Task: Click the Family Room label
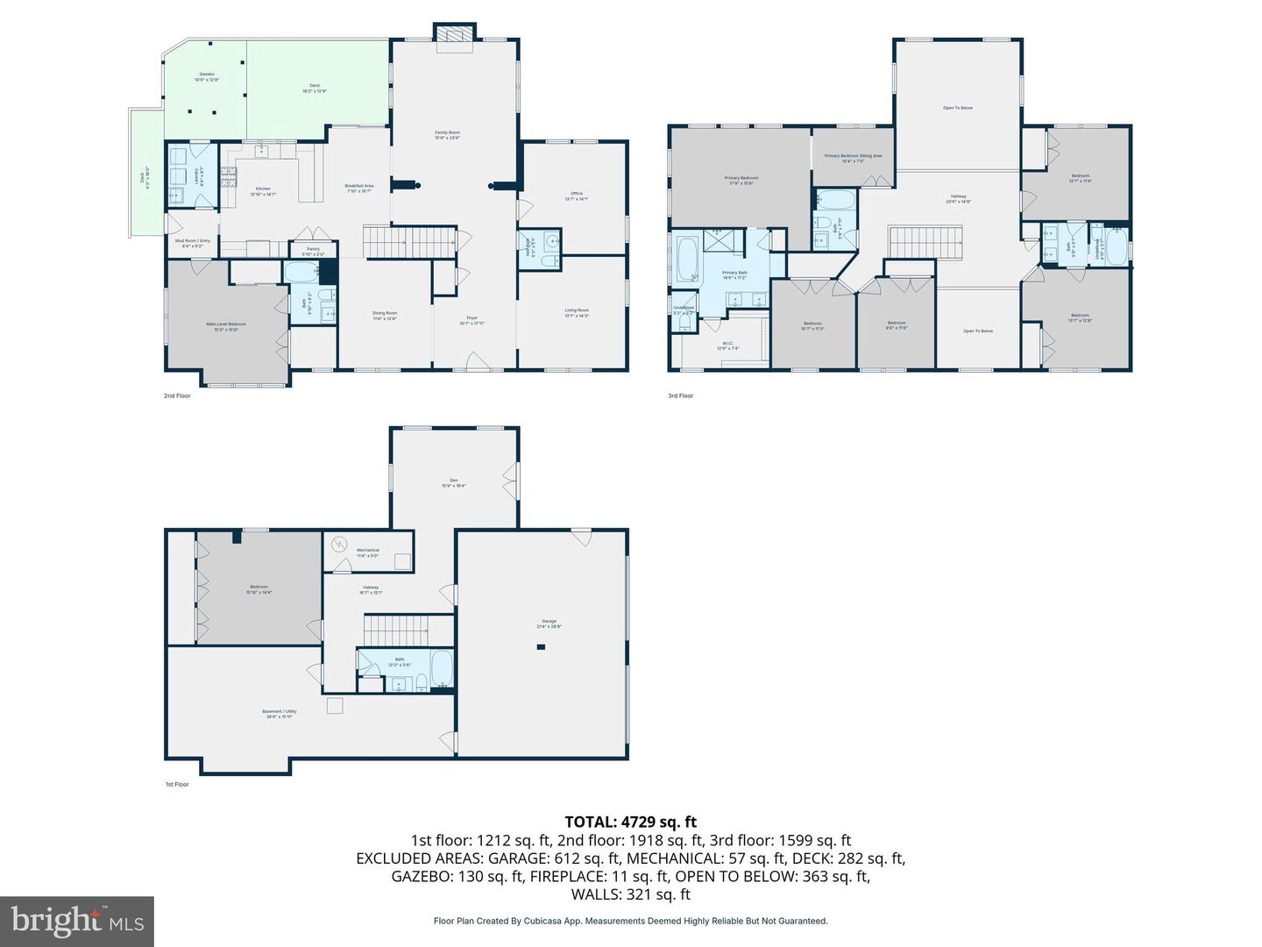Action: [x=447, y=134]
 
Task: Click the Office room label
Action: [x=576, y=196]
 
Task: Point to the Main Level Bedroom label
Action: [x=226, y=326]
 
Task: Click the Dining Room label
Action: [x=385, y=315]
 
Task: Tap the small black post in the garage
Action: [x=541, y=647]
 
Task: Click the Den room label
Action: [x=453, y=482]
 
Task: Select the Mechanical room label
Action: [x=368, y=552]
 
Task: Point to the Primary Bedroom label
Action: [x=741, y=180]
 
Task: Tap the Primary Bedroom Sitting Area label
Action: [x=853, y=158]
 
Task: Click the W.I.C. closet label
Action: [x=728, y=345]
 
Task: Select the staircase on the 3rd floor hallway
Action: [x=925, y=242]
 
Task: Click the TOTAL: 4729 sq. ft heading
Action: [x=630, y=822]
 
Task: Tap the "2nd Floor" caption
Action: [x=177, y=395]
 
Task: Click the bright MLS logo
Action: [x=77, y=921]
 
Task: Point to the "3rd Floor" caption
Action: [x=681, y=395]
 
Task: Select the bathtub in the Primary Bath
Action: [x=686, y=260]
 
